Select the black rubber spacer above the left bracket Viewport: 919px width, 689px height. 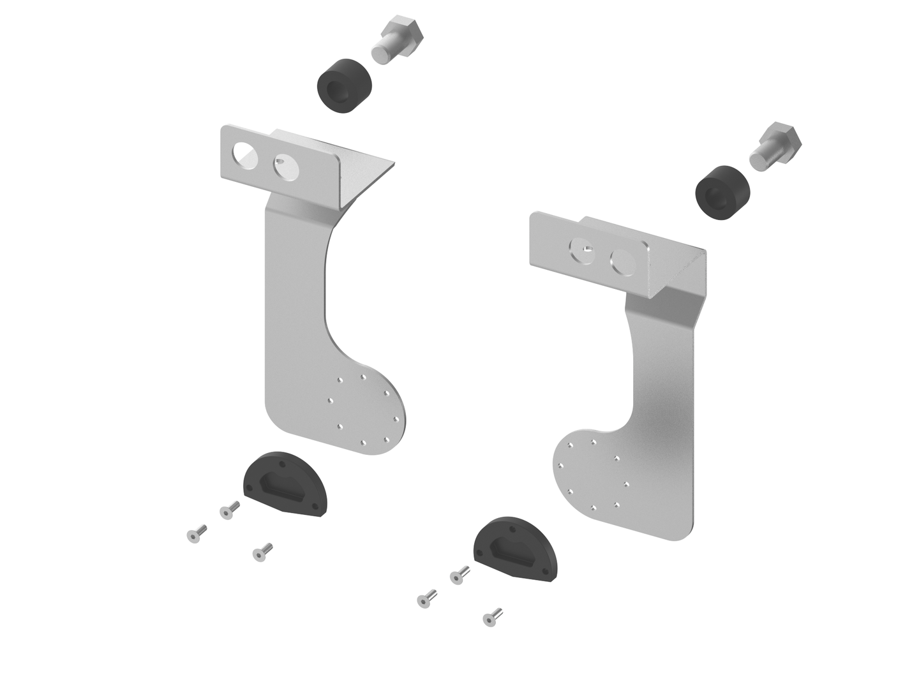click(345, 87)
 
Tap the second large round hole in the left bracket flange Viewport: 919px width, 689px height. click(286, 167)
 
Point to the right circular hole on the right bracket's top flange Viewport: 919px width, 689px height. click(623, 262)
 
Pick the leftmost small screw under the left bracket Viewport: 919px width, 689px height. click(196, 533)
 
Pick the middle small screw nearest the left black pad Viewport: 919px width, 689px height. click(229, 510)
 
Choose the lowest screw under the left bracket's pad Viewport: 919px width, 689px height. click(262, 552)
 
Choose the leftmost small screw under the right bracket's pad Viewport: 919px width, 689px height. click(426, 599)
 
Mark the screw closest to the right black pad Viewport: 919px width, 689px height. click(459, 575)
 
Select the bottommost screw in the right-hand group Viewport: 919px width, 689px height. click(492, 617)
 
